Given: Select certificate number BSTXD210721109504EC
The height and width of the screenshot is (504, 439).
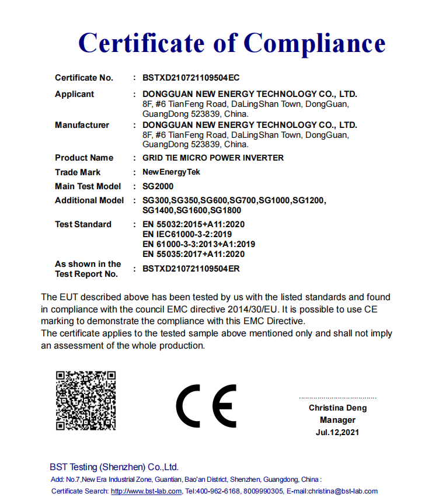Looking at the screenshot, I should click(x=191, y=78).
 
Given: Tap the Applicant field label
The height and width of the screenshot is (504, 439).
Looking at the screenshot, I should click(x=74, y=94).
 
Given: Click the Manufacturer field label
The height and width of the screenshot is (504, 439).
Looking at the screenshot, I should click(x=82, y=125).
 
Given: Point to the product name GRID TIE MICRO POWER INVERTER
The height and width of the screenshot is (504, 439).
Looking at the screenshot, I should click(x=213, y=158).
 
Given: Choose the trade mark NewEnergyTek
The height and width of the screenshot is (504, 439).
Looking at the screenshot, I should click(x=171, y=172).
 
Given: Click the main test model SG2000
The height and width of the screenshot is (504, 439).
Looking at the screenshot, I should click(x=158, y=186).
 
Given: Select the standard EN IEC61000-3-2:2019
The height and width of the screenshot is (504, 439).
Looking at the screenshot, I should click(x=187, y=234).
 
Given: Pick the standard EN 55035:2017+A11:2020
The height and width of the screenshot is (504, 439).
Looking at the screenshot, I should click(x=193, y=254).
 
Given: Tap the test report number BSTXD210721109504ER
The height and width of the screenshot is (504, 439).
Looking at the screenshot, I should click(x=191, y=269).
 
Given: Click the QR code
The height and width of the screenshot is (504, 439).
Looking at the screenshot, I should click(x=86, y=400).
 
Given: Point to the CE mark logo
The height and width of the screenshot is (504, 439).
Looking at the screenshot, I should click(x=206, y=406).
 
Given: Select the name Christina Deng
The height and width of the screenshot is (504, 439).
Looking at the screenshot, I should click(x=337, y=408).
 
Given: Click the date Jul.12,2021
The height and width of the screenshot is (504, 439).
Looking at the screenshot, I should click(x=337, y=433).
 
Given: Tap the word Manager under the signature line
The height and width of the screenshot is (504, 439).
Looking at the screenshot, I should click(x=337, y=420).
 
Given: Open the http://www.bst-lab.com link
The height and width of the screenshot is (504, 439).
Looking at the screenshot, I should click(x=147, y=491).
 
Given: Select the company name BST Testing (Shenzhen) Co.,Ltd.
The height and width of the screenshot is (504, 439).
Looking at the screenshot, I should click(x=114, y=467).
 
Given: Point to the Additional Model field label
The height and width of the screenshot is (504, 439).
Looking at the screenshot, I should click(x=89, y=200).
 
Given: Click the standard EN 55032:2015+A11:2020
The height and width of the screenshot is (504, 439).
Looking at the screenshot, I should click(x=193, y=224).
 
